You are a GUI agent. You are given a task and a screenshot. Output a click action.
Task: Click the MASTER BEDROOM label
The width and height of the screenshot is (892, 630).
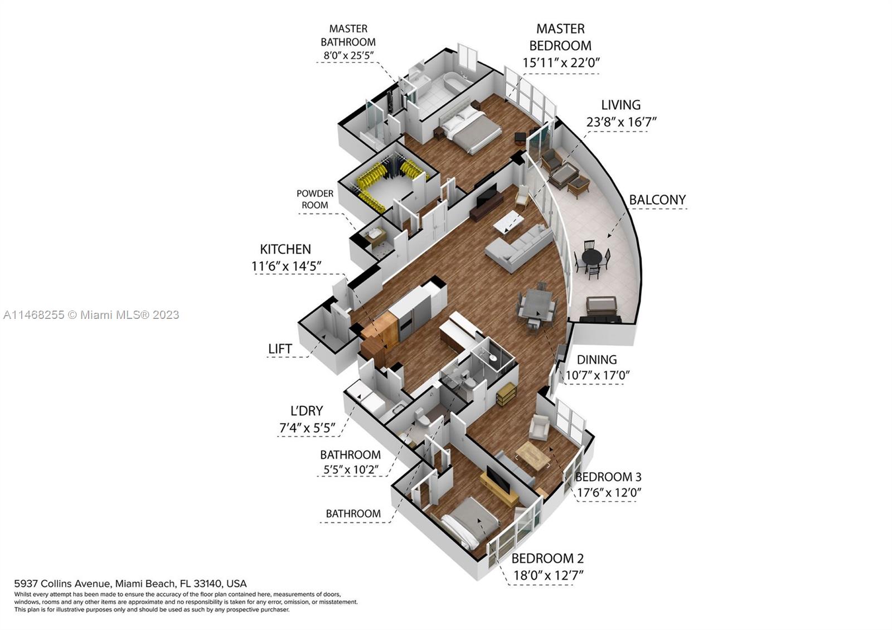coord(560,37)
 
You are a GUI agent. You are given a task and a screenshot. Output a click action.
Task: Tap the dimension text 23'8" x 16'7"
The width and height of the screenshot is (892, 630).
coord(621,122)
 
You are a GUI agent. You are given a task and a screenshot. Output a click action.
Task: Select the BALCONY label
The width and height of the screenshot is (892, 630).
coord(657,200)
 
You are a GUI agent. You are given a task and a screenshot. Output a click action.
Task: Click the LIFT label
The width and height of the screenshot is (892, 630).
coord(280,348)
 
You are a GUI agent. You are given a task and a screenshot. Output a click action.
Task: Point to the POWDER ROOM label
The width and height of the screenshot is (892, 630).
coord(315,199)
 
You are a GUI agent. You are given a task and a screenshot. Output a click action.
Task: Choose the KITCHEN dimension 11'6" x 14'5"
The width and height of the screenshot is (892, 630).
coord(287,266)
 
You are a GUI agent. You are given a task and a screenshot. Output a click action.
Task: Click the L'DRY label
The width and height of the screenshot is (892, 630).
coord(307,411)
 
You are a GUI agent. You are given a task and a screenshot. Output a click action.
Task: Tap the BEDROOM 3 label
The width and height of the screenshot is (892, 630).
coord(608,477)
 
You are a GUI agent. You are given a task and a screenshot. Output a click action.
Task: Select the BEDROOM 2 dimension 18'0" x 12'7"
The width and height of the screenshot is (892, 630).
coord(548,575)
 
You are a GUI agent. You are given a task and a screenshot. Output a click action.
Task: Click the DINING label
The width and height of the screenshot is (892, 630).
coord(597,360)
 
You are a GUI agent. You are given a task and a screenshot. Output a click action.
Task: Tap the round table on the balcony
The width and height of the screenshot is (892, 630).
coord(592,258)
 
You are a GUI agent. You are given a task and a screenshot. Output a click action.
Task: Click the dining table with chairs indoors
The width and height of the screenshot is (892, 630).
coord(537,304)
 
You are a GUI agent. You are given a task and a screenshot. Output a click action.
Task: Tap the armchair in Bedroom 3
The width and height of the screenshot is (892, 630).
coord(539,428)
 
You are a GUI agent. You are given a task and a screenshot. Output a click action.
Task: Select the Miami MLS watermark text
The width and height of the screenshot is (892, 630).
coord(91,315)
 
